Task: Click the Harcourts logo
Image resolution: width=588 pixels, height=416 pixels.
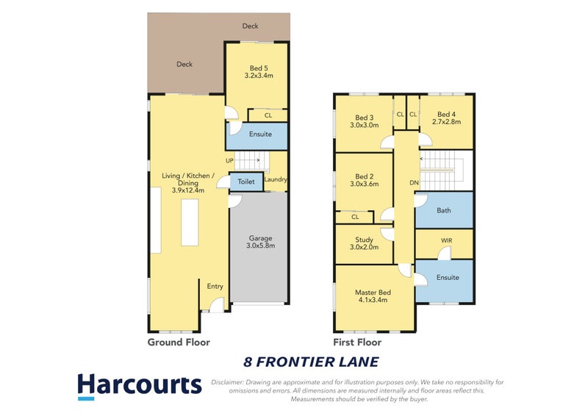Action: (x=139, y=386)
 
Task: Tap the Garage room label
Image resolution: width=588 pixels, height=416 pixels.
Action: (x=259, y=238)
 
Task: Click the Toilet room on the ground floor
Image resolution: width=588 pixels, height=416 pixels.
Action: (x=246, y=181)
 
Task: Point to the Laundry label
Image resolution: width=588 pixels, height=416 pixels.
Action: (x=276, y=179)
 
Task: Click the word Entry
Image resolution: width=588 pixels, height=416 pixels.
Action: (x=215, y=287)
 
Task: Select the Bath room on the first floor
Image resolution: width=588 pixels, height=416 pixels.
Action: (x=443, y=210)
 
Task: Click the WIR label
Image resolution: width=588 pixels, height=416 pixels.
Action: (x=447, y=240)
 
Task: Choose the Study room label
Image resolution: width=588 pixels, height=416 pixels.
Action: (x=365, y=240)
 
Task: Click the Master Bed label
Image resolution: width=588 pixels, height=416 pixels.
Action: (x=374, y=293)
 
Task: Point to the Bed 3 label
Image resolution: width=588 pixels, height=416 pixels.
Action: (x=365, y=118)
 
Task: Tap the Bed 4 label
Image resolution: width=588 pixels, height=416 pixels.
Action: (x=447, y=114)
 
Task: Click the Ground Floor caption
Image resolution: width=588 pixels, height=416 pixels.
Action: (x=179, y=343)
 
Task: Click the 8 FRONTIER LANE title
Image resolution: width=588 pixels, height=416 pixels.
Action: (x=311, y=362)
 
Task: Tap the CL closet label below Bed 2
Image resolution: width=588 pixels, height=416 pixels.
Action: (x=355, y=217)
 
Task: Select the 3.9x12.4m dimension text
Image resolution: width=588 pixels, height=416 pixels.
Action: (x=187, y=190)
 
